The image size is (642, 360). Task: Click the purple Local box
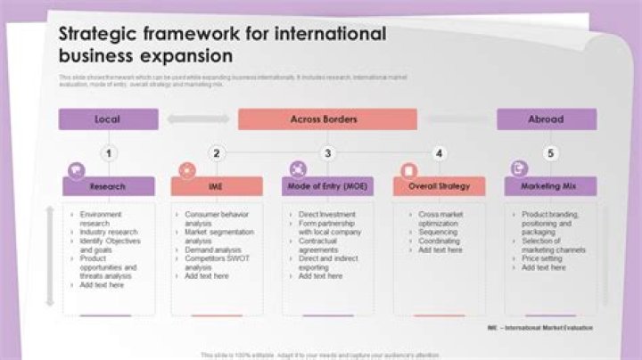coord(108,119)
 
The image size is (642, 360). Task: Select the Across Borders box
coord(326,119)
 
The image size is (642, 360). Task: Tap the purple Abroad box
coord(546,119)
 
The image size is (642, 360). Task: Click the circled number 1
coord(108,153)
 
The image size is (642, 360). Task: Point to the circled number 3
coord(327,153)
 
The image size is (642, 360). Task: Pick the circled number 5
coord(550,153)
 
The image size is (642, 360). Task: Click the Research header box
coord(108,187)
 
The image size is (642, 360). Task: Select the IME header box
coord(217,187)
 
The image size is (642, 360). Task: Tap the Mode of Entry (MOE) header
coord(327,187)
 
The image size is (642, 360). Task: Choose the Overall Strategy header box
coord(439,187)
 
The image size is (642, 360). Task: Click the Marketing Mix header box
coord(550,187)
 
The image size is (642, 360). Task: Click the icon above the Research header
coord(77,169)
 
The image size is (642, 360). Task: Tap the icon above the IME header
coord(187,169)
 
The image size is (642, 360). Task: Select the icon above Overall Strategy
coord(409,169)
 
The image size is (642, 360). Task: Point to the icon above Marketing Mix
coord(519,168)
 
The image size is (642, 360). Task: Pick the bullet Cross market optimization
coord(442,219)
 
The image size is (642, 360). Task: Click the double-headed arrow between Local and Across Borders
coord(198,119)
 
